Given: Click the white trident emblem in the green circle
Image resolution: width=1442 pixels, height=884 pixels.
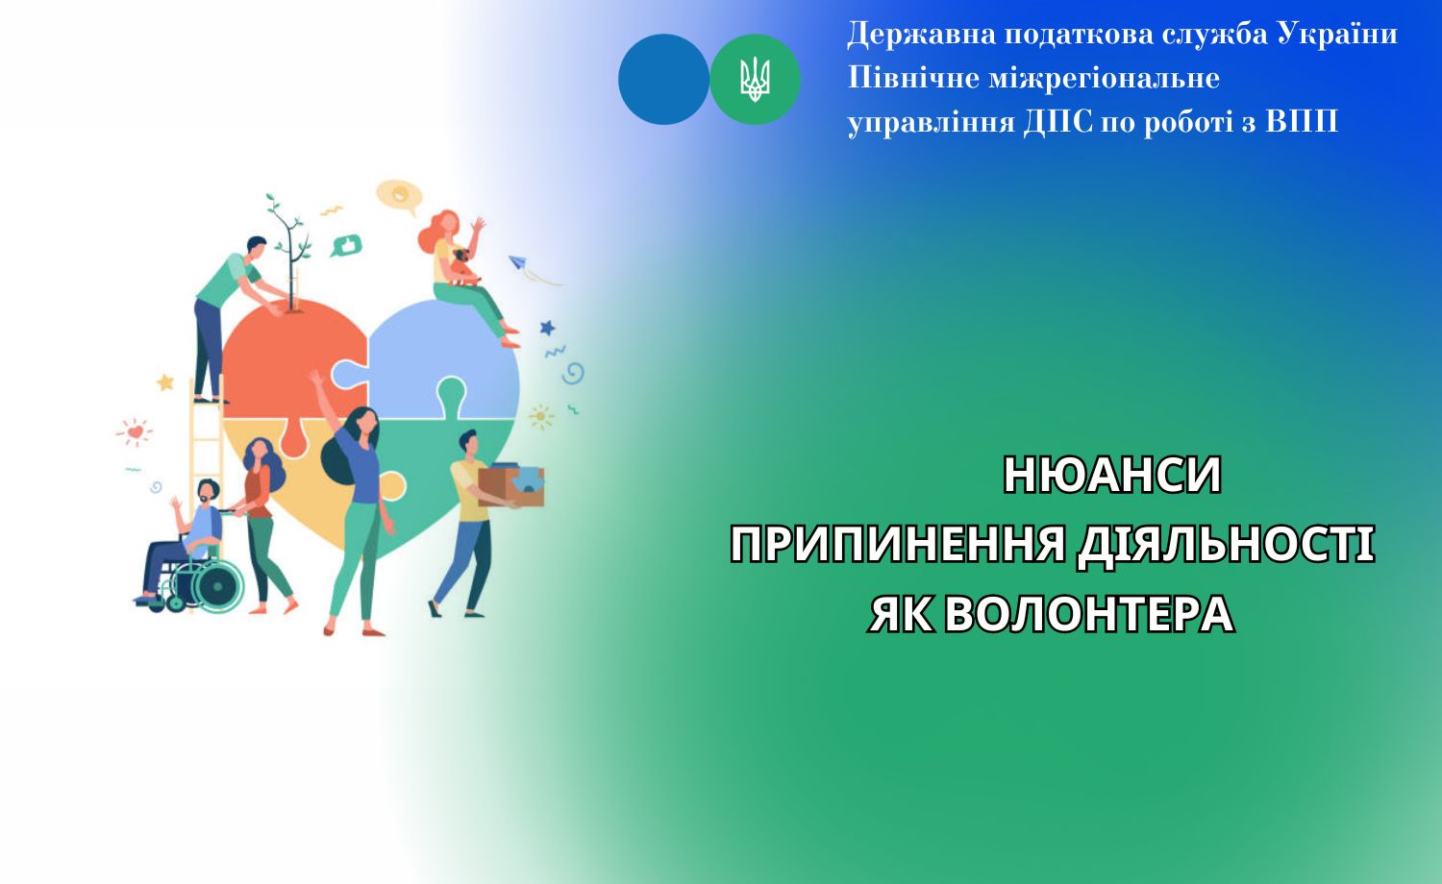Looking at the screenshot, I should tap(755, 80).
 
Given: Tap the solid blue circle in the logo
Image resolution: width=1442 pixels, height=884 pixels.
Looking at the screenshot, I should tap(663, 80).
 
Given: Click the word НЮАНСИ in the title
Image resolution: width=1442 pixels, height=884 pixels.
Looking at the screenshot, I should tap(1111, 475).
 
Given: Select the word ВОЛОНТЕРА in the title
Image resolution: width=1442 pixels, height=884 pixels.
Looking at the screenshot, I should tap(1088, 615).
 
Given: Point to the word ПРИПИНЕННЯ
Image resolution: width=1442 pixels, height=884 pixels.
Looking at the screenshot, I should tap(898, 545).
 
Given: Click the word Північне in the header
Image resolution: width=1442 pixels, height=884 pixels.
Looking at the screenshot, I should tap(912, 78).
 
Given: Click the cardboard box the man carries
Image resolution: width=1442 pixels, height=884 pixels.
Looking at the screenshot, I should tap(510, 484).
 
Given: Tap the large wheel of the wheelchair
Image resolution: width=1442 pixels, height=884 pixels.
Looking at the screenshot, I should tap(218, 582).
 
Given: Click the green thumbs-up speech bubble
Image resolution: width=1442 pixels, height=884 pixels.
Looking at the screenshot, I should tap(345, 245).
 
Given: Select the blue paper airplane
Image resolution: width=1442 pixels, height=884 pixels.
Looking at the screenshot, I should tap(518, 261).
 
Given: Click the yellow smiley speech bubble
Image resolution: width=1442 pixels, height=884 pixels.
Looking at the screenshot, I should tap(398, 196).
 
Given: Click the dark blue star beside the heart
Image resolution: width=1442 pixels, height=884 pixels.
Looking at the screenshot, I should tap(547, 328).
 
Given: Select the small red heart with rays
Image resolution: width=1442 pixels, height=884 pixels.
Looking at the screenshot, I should tap(135, 432).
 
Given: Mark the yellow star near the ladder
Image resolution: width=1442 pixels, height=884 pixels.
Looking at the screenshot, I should tap(165, 382).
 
